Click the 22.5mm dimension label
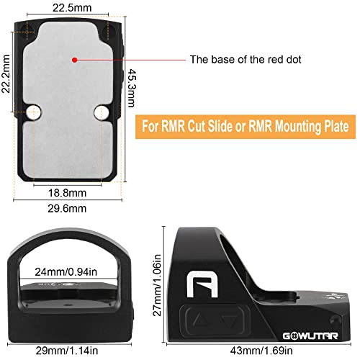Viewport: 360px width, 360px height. (x=72, y=8)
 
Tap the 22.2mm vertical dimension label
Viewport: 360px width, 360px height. (x=6, y=74)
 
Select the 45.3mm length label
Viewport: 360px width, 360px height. (x=131, y=88)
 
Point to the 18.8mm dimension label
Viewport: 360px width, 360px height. (x=67, y=193)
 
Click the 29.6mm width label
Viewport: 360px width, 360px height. (x=67, y=208)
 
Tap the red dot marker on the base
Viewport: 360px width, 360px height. (x=75, y=60)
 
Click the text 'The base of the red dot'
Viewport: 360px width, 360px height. (x=246, y=59)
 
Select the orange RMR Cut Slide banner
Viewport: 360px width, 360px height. (x=246, y=127)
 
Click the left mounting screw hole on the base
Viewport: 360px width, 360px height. (x=34, y=112)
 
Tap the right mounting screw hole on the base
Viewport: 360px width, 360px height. (x=102, y=112)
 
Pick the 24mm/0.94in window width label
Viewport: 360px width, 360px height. (x=66, y=272)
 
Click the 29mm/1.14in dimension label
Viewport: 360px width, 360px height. (x=67, y=351)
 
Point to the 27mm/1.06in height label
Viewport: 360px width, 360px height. (x=157, y=285)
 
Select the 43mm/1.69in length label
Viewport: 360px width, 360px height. (x=261, y=351)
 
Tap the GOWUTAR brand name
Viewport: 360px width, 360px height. (x=310, y=336)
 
